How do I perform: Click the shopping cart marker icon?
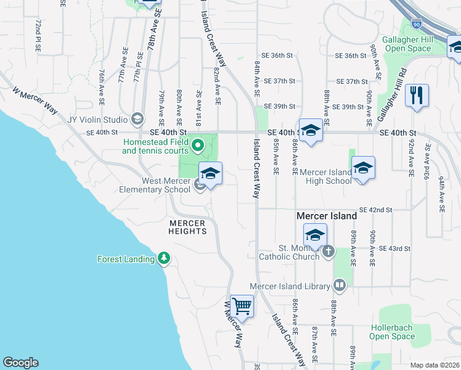(242, 305)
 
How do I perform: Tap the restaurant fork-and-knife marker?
(417, 95)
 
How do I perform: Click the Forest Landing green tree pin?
(163, 258)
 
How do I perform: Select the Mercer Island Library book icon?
(339, 285)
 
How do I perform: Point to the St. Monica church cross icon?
(328, 251)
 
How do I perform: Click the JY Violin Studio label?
(98, 119)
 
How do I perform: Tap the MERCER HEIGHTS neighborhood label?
(188, 227)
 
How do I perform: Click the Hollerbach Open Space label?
(392, 332)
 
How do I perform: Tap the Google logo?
(20, 363)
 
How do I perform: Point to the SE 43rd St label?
(394, 249)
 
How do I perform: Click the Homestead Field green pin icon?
(198, 146)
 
